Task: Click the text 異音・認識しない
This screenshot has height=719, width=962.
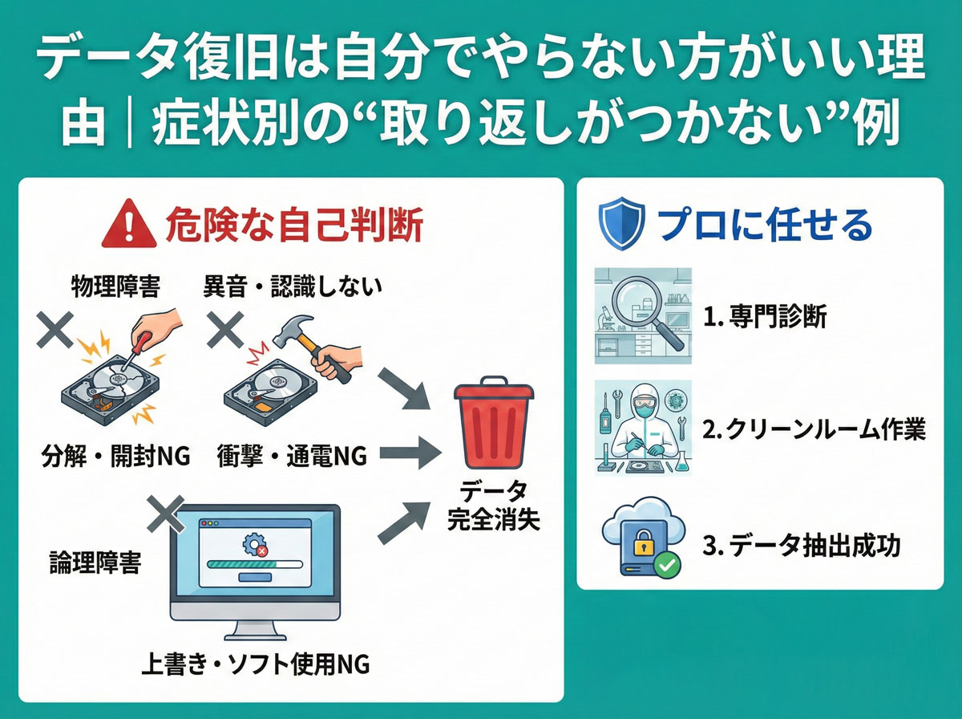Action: click(x=293, y=286)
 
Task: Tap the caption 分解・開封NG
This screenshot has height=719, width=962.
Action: click(x=116, y=457)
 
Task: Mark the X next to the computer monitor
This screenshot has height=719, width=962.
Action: click(x=164, y=512)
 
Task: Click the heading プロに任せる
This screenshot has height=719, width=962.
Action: click(x=764, y=225)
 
